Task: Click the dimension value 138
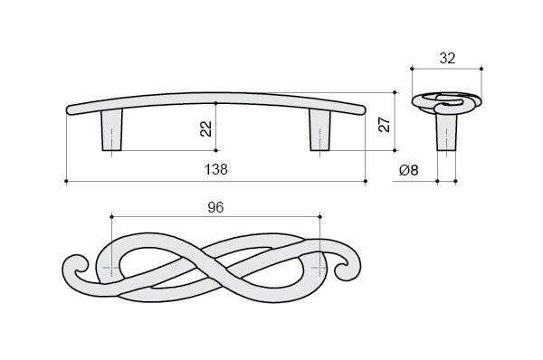216,170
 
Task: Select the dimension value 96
215,207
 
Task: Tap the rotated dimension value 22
206,128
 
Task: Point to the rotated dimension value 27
385,125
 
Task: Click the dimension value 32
447,59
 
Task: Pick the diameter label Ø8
409,170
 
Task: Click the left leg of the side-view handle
111,130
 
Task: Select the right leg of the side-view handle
319,130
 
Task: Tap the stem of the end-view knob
446,132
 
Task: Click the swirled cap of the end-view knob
446,103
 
